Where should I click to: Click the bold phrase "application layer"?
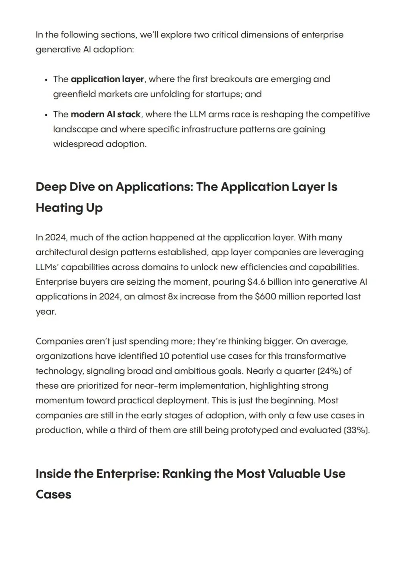(x=107, y=79)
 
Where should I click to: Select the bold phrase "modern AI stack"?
(x=106, y=114)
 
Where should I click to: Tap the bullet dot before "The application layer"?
(x=46, y=80)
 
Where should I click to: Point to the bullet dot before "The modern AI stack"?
(x=46, y=115)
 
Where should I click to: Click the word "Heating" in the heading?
(x=59, y=208)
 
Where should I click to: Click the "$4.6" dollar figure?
(x=256, y=282)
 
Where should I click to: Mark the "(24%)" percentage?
(x=329, y=371)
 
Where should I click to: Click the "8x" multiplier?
(x=173, y=297)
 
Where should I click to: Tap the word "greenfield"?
(x=74, y=94)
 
